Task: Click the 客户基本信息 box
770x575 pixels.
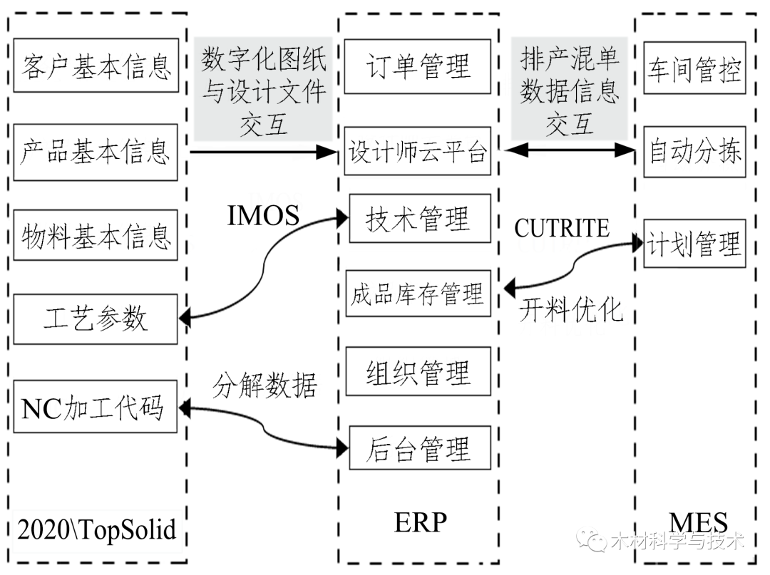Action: coord(96,66)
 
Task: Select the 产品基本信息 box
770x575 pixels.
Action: coord(96,151)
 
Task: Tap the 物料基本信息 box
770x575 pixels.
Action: coord(96,234)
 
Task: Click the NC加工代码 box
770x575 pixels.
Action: coord(95,408)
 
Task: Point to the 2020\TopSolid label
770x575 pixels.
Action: coord(96,530)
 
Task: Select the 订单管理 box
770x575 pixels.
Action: coord(418,66)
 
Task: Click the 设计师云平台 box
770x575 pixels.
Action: coord(418,152)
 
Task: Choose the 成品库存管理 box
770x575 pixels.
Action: coord(418,294)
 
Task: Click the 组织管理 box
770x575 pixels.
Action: coord(418,372)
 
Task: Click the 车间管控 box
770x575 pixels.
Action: coord(694,69)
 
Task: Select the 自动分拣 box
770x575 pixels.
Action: coord(694,152)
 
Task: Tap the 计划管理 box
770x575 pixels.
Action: coord(694,244)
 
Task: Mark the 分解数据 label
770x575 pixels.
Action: coord(265,385)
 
